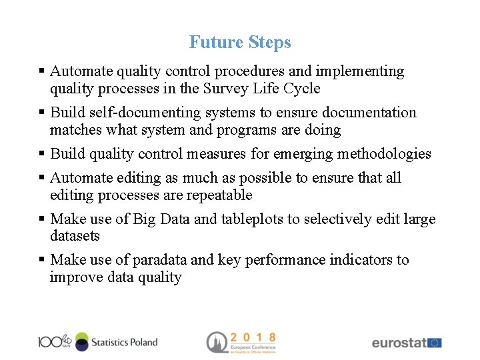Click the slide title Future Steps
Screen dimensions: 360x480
[240, 42]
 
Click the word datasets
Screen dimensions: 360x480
[75, 236]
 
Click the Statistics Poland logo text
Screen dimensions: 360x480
[124, 342]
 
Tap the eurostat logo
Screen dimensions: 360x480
[399, 343]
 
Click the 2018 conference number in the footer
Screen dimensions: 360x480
[253, 337]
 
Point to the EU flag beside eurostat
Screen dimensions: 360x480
[434, 343]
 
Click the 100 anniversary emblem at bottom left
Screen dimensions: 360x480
[53, 341]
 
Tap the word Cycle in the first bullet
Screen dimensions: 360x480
[302, 89]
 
